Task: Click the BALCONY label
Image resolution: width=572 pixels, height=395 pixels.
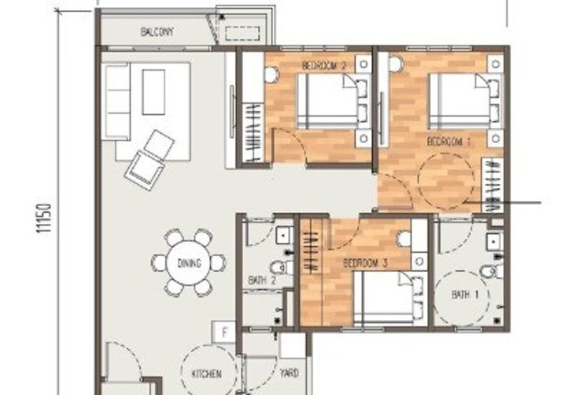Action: tap(157, 32)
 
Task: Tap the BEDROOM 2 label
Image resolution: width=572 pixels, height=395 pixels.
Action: tap(325, 66)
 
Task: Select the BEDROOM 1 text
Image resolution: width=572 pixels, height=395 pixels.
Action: tap(449, 142)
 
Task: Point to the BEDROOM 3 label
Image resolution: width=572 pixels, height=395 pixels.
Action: tap(365, 263)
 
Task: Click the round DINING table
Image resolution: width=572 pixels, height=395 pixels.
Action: tap(189, 263)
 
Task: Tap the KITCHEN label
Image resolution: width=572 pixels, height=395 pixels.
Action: tap(206, 374)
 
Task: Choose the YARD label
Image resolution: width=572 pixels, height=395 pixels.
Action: tap(290, 373)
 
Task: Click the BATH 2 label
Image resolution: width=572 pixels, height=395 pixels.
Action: tap(262, 281)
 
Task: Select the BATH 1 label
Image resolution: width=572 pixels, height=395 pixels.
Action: tap(465, 294)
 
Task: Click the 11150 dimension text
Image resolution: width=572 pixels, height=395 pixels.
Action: tap(44, 218)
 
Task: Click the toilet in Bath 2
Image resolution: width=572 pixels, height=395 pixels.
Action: tap(282, 267)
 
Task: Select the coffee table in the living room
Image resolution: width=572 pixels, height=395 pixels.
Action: tap(154, 92)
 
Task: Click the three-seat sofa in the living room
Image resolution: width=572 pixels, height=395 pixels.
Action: tap(116, 102)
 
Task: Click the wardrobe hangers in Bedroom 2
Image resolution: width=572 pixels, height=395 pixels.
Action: tap(253, 132)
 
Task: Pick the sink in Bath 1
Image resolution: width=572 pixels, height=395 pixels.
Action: tap(494, 242)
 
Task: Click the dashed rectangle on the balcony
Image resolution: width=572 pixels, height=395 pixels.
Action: tap(242, 33)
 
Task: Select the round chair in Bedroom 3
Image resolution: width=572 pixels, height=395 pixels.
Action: tap(404, 239)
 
